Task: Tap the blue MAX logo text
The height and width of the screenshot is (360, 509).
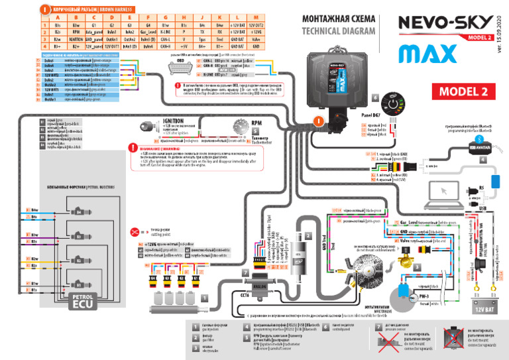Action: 418,52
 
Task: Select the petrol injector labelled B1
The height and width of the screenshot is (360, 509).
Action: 79,284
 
